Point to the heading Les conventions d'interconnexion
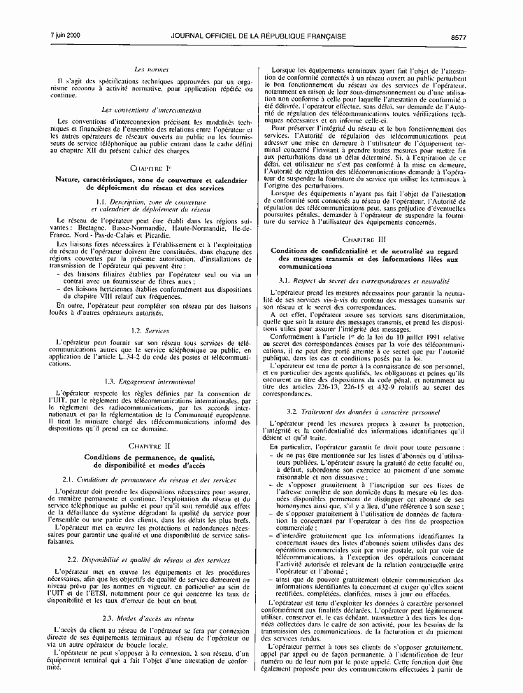pyautogui.click(x=150, y=110)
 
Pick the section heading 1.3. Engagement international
pyautogui.click(x=150, y=381)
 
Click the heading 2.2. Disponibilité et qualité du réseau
pyautogui.click(x=150, y=560)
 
